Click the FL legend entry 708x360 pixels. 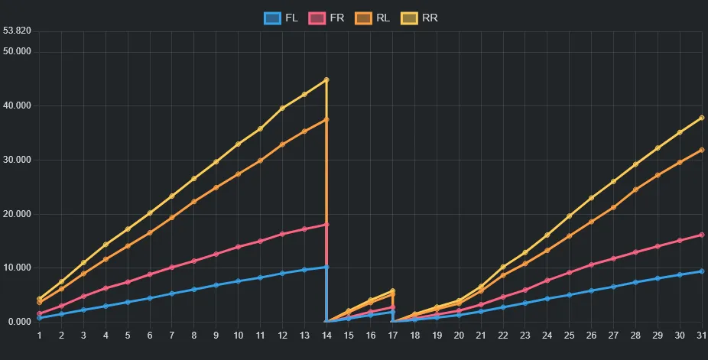tap(281, 18)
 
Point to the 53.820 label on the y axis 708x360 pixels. tap(17, 31)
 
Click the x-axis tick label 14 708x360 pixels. tap(326, 335)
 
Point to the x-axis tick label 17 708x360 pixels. tap(393, 335)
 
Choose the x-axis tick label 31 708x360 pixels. tap(701, 335)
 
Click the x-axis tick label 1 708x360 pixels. tap(39, 335)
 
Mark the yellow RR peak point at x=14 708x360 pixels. tap(326, 79)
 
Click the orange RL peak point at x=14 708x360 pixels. tap(326, 119)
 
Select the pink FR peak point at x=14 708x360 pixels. tap(326, 224)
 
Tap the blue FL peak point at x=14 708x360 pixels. tap(326, 267)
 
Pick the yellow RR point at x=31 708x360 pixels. tap(701, 118)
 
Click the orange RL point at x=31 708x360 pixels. tap(701, 150)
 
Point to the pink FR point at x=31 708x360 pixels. tap(701, 235)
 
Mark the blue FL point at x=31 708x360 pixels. tap(701, 271)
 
